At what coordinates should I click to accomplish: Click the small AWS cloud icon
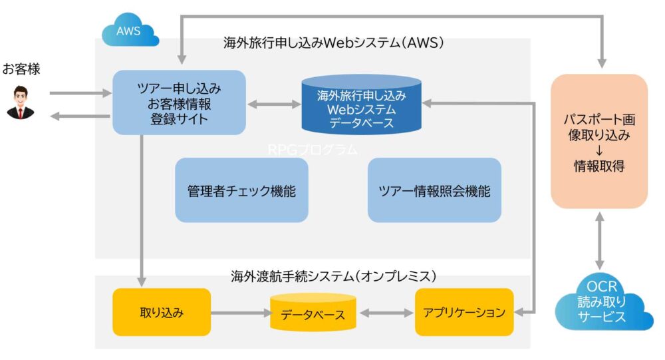pyautogui.click(x=130, y=32)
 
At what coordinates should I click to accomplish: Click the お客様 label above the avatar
pyautogui.click(x=21, y=69)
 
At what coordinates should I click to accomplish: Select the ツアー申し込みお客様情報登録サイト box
pyautogui.click(x=179, y=104)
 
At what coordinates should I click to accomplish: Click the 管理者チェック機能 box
pyautogui.click(x=241, y=191)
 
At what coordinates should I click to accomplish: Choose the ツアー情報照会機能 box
pyautogui.click(x=434, y=191)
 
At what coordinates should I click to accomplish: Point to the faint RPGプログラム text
pyautogui.click(x=313, y=150)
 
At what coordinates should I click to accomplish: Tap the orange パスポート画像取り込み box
pyautogui.click(x=599, y=141)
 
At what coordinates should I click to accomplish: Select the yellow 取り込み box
pyautogui.click(x=162, y=312)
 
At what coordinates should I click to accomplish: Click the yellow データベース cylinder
pyautogui.click(x=313, y=313)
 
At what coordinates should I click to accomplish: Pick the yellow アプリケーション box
pyautogui.click(x=464, y=312)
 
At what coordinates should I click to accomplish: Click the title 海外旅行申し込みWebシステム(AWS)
pyautogui.click(x=333, y=44)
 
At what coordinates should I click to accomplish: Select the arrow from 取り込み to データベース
pyautogui.click(x=240, y=312)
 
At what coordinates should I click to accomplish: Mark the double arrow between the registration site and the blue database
pyautogui.click(x=273, y=104)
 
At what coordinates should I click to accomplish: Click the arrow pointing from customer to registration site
pyautogui.click(x=80, y=93)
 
